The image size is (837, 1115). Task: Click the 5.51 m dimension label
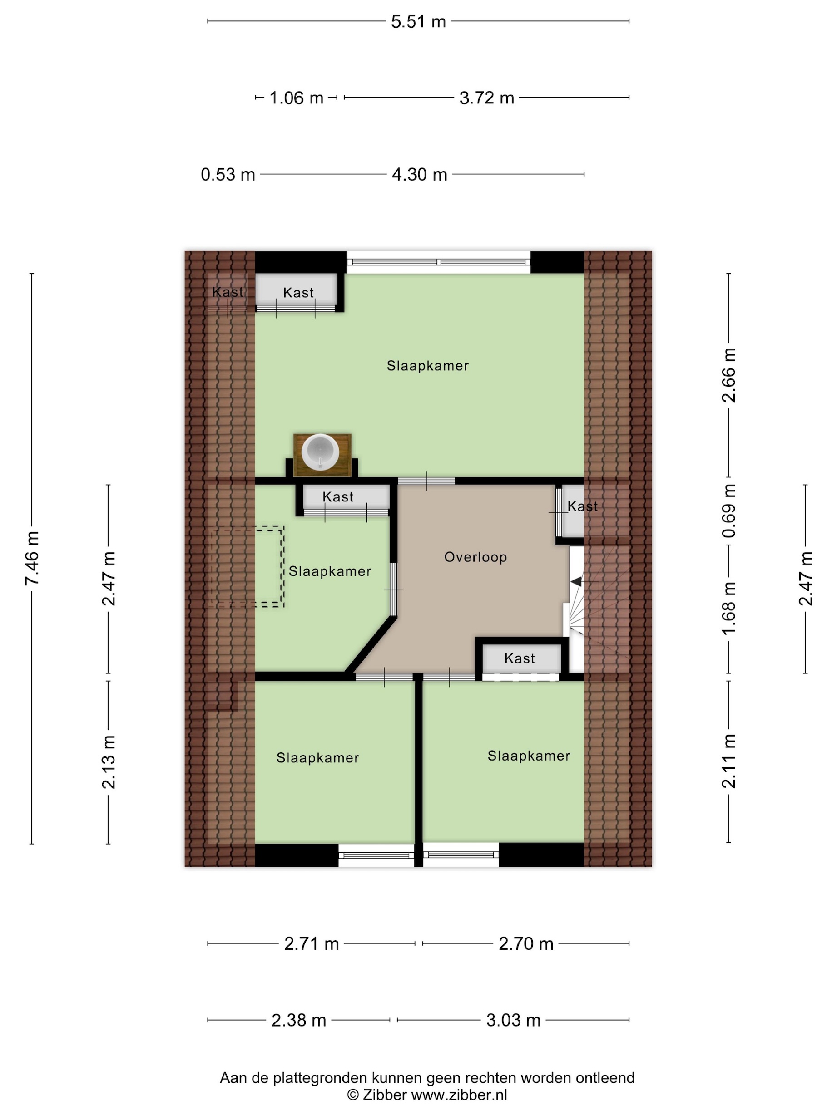(x=418, y=22)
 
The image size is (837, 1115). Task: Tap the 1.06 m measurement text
(x=296, y=98)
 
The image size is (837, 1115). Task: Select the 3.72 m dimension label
(x=486, y=98)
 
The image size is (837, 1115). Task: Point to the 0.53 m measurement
(x=228, y=174)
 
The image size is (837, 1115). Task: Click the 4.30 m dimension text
(x=419, y=174)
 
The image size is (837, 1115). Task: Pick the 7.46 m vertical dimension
(x=32, y=558)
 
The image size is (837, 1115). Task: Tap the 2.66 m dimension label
(x=728, y=375)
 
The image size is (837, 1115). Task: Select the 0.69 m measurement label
(x=728, y=511)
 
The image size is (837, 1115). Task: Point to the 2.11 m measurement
(x=728, y=761)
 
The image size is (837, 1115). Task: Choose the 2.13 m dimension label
(x=109, y=761)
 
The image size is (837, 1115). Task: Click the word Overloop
(x=475, y=557)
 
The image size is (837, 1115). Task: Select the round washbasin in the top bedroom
(x=320, y=452)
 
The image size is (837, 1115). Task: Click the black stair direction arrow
(x=576, y=582)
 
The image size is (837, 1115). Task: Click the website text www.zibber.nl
(x=459, y=1095)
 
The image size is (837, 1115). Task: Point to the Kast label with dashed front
(x=519, y=658)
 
